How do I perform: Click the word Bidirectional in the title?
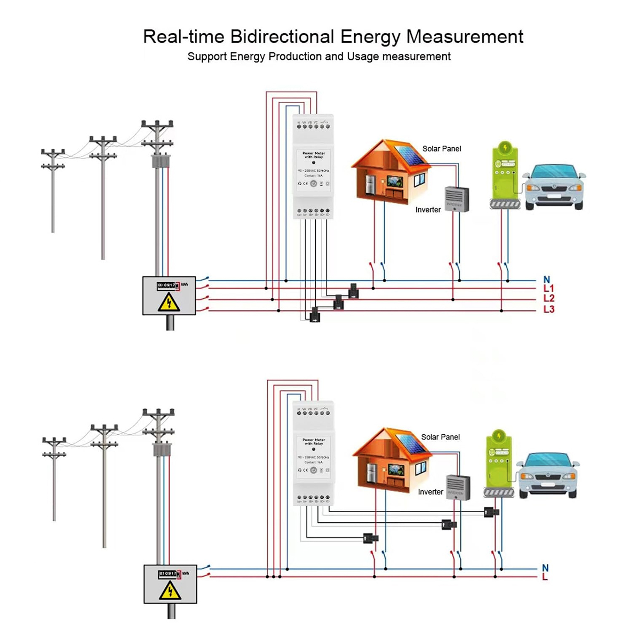tap(282, 37)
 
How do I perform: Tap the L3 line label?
tap(548, 309)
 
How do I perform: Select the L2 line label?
tap(548, 299)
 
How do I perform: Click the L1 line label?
tap(548, 289)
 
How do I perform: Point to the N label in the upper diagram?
tap(547, 280)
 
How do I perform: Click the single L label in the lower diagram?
tap(545, 577)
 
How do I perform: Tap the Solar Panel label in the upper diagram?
tap(442, 149)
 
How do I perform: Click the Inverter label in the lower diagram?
tap(430, 492)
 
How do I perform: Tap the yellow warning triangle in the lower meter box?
tap(170, 591)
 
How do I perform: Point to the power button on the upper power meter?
tap(314, 184)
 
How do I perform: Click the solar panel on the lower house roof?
tap(411, 444)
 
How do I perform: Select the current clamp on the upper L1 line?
tap(353, 291)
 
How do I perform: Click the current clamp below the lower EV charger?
tap(491, 512)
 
